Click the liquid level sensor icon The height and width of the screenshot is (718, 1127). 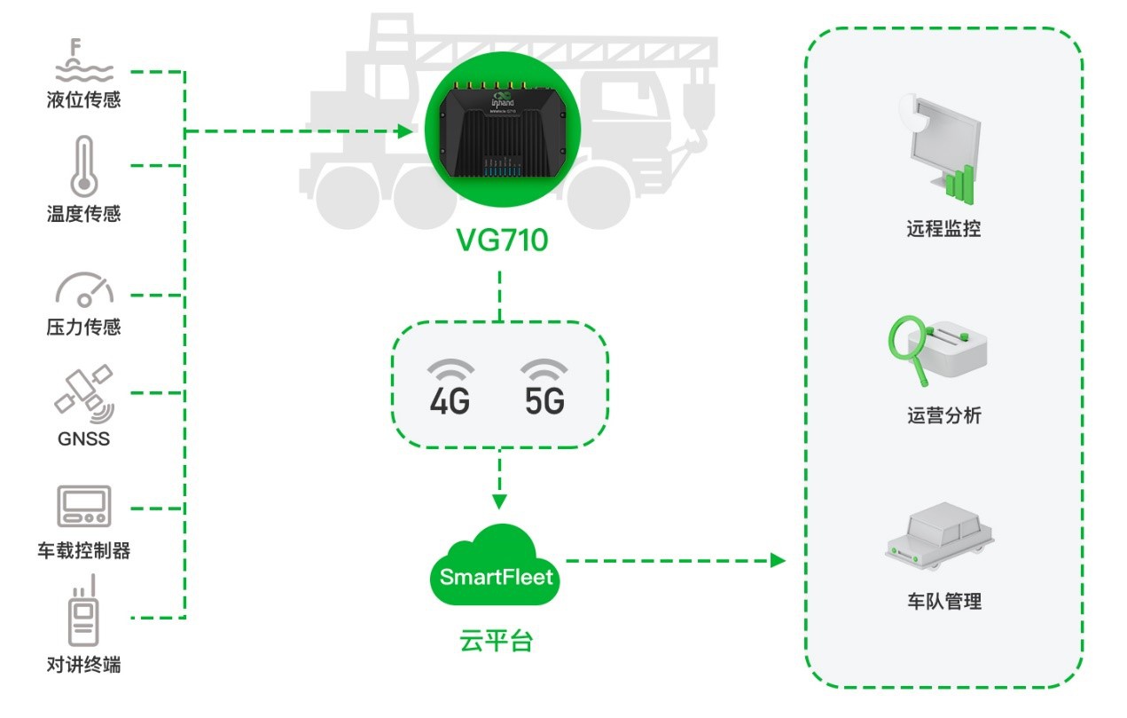tap(83, 60)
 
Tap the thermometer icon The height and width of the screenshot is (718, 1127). tap(84, 167)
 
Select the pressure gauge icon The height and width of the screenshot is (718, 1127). tap(84, 288)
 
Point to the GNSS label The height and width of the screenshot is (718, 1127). tap(83, 438)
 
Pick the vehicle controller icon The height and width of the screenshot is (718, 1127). tap(83, 507)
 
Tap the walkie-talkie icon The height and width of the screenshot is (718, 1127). tap(83, 611)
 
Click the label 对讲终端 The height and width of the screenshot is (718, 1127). tap(83, 664)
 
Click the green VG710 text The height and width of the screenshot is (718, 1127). tap(502, 241)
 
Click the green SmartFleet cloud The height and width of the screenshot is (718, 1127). tap(497, 568)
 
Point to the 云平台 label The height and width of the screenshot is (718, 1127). tap(497, 641)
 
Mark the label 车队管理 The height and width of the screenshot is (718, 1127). tap(943, 602)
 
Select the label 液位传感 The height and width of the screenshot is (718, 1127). tap(83, 99)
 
